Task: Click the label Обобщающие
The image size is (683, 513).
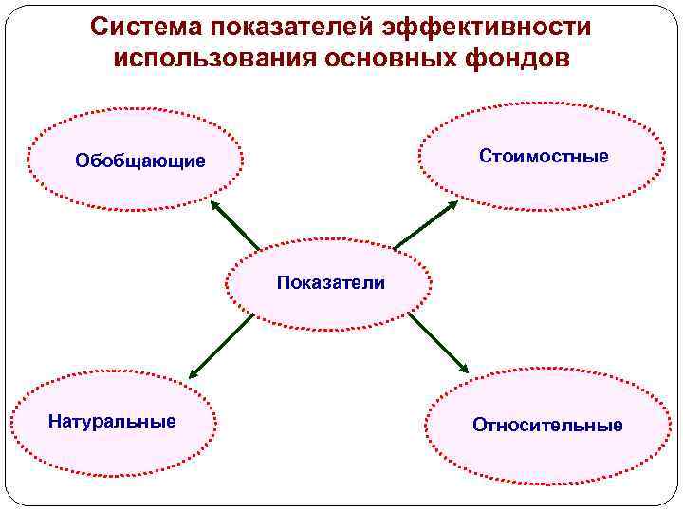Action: [x=140, y=161]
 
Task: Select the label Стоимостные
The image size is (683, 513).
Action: [x=544, y=156]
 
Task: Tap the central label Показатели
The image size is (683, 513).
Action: [x=331, y=282]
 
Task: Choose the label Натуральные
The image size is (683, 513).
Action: [x=112, y=421]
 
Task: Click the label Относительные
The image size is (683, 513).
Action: [x=547, y=425]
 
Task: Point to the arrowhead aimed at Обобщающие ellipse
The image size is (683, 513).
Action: [x=214, y=205]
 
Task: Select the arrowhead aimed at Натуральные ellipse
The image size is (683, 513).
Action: [x=193, y=374]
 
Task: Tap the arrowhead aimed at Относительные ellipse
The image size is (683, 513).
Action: [x=463, y=369]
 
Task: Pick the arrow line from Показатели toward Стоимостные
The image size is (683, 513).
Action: [x=424, y=226]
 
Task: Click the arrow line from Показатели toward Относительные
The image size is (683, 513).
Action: [x=436, y=342]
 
